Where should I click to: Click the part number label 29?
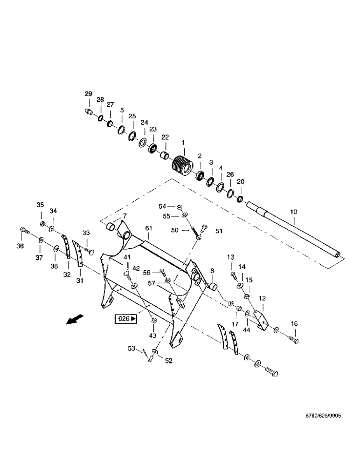click(88, 94)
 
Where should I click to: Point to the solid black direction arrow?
click(74, 320)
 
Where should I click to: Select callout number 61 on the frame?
click(149, 228)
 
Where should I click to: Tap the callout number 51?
click(219, 230)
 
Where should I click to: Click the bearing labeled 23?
click(152, 150)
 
